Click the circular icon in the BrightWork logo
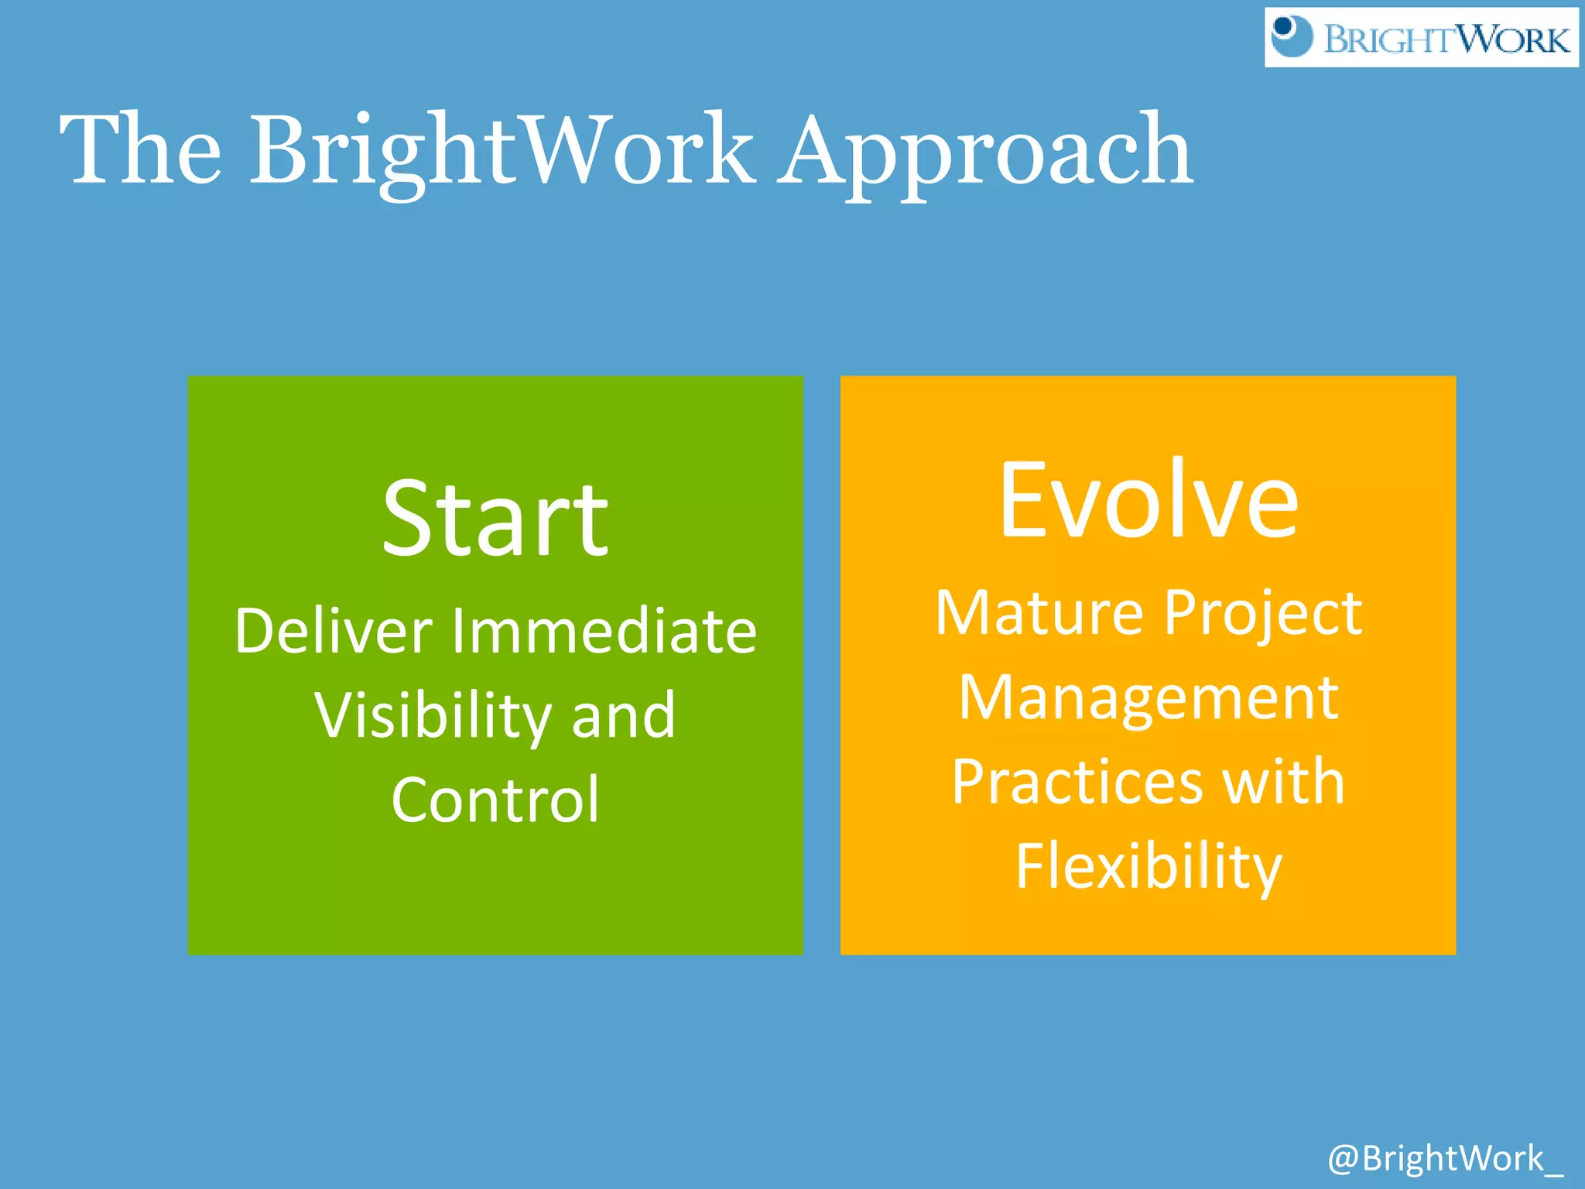coord(1292,36)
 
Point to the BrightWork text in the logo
coord(1446,39)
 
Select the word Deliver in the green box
coord(333,631)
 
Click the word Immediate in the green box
coord(604,631)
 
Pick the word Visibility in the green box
coord(432,716)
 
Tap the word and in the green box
coord(623,716)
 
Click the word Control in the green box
coord(495,800)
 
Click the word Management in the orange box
coord(1149,699)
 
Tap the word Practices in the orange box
coord(1077,782)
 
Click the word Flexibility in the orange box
coord(1149,867)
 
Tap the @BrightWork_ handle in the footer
coord(1445,1159)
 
